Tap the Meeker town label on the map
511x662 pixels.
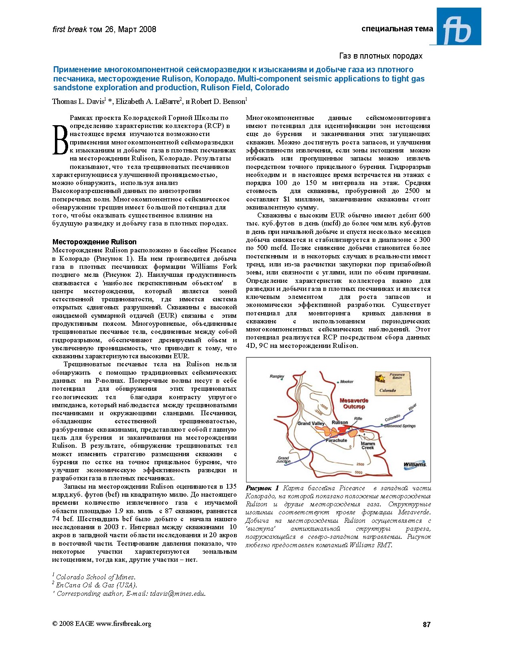click(347, 382)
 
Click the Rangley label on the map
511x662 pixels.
click(277, 376)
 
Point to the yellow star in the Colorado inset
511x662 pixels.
click(382, 378)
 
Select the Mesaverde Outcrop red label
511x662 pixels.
click(354, 403)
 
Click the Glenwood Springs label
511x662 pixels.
click(400, 426)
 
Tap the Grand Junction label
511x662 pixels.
click(283, 459)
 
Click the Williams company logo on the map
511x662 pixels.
click(415, 465)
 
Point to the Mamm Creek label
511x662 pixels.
click(368, 445)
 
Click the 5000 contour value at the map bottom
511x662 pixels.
click(358, 472)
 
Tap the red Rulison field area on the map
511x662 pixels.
click(343, 429)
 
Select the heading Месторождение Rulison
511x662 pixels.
click(95, 242)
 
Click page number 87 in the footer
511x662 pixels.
click(426, 624)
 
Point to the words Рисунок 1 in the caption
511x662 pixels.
click(262, 488)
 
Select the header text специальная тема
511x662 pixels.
click(397, 29)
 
